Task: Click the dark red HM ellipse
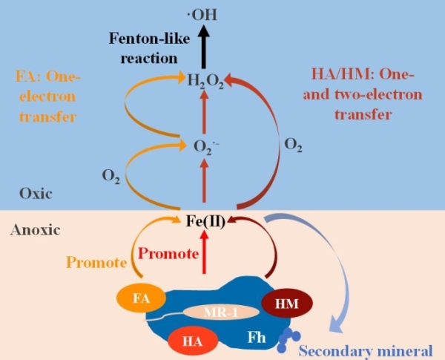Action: pyautogui.click(x=287, y=304)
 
